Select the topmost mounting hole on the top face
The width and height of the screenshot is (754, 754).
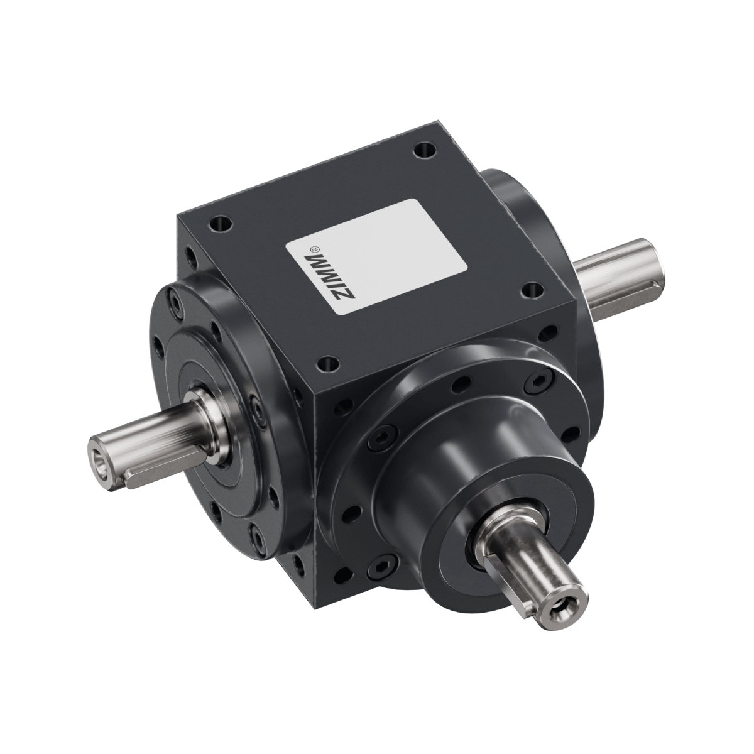click(426, 150)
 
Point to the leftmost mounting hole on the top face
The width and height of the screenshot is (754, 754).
click(221, 223)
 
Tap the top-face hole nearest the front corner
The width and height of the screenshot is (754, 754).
click(328, 363)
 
